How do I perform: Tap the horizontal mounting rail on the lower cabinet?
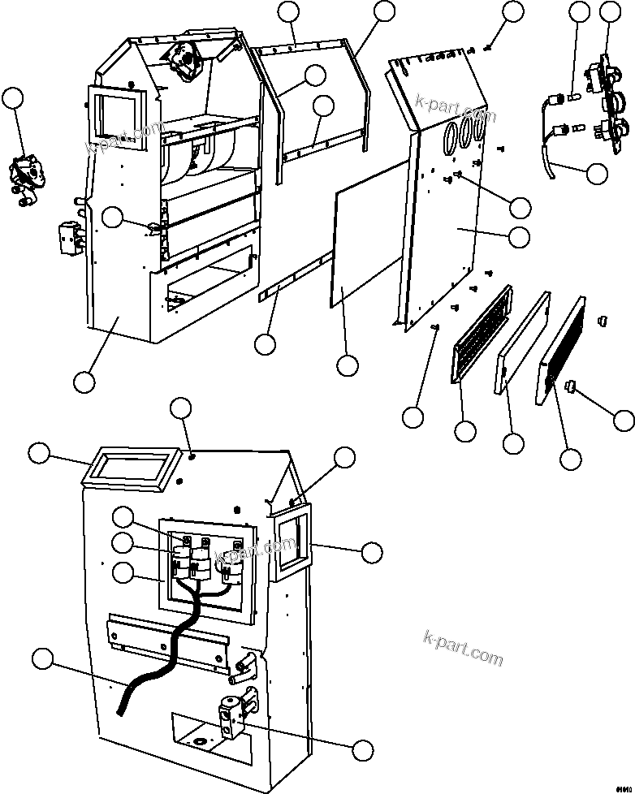(x=171, y=637)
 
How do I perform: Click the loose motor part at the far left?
(x=28, y=179)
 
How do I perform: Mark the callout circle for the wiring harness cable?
(x=597, y=174)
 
